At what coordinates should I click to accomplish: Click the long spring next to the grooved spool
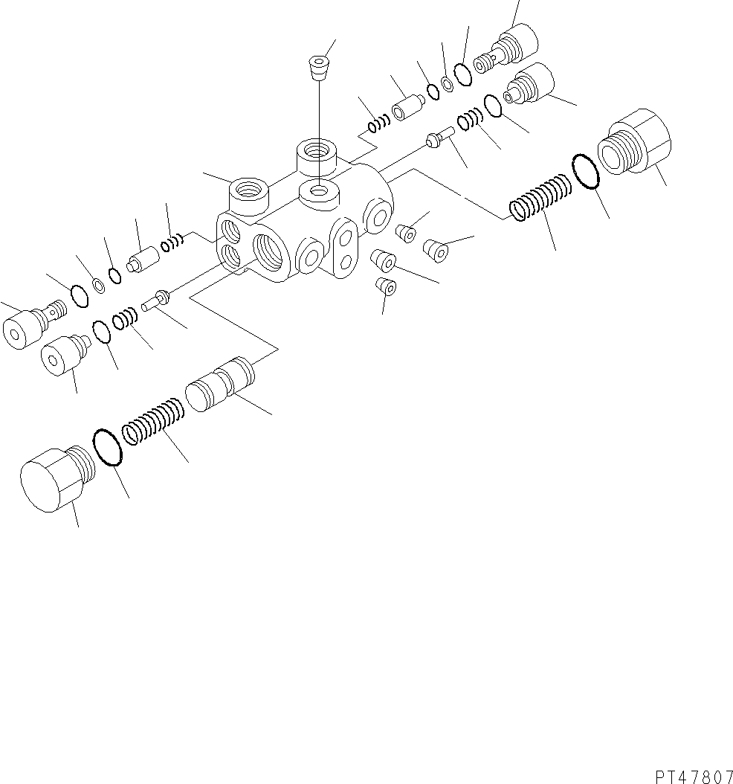153,421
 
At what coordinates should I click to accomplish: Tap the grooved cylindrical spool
220,384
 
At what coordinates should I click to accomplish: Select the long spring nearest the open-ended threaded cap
540,199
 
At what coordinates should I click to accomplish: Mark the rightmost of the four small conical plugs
436,250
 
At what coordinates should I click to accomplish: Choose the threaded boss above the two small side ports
249,193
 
